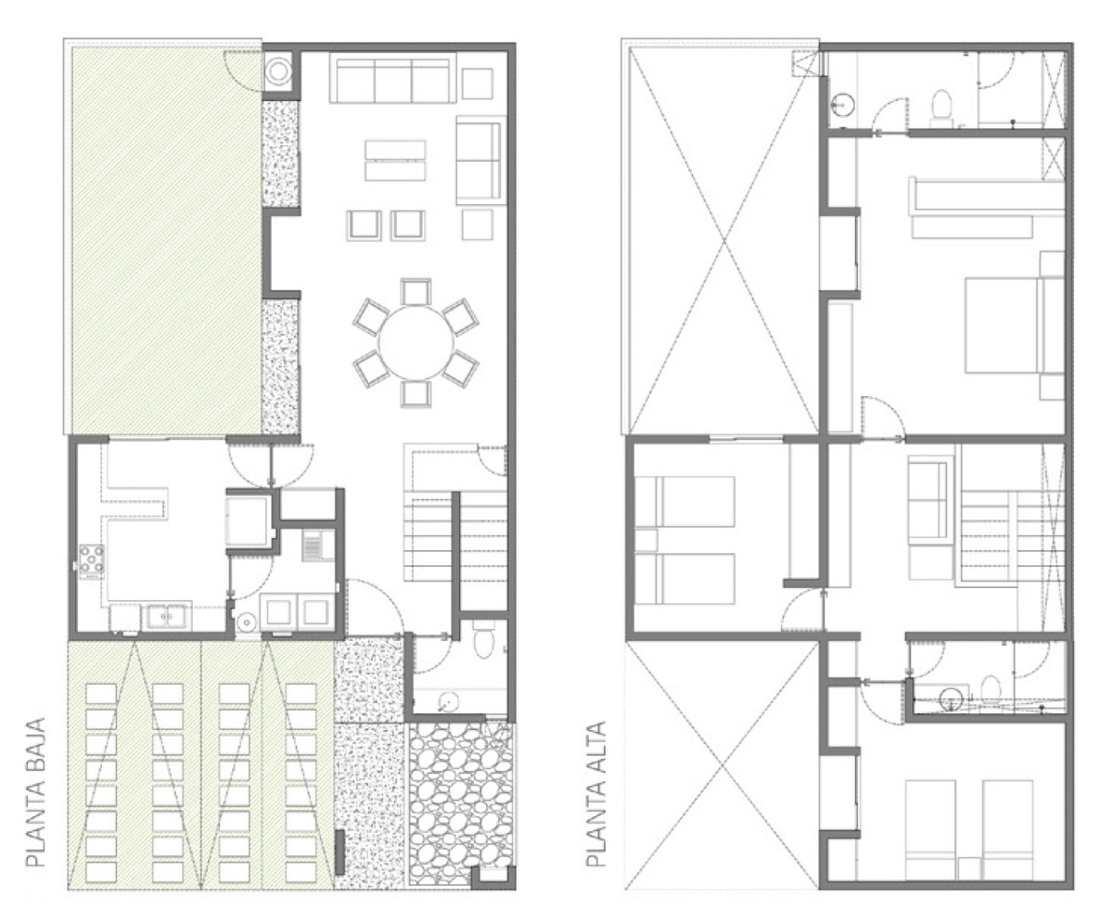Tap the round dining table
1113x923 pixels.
416,343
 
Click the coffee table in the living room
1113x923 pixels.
395,160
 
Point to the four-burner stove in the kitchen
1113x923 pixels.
92,561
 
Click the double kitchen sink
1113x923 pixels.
166,616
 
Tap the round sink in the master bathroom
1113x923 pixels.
842,105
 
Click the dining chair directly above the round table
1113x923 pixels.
416,291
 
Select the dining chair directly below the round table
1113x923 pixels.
416,394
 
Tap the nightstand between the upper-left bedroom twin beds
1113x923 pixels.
646,540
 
